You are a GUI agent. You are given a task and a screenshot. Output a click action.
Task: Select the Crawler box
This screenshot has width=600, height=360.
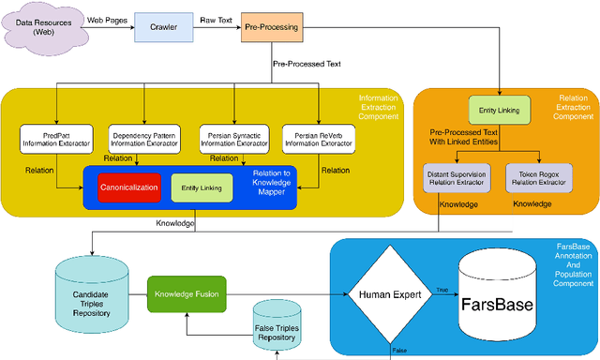click(x=164, y=28)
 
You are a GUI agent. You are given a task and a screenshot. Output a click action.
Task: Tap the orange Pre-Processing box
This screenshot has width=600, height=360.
click(x=271, y=28)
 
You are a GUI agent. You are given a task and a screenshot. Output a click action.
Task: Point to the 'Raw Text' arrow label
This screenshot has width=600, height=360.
click(x=217, y=18)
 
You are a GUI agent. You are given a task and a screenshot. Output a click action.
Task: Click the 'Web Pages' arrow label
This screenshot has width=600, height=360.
click(x=108, y=18)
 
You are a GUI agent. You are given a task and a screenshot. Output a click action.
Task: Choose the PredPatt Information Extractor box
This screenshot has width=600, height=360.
click(x=55, y=139)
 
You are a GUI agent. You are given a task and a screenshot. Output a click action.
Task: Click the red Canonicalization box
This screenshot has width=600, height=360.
click(x=130, y=187)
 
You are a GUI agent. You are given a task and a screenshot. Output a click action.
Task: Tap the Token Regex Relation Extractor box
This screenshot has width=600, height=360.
click(x=538, y=178)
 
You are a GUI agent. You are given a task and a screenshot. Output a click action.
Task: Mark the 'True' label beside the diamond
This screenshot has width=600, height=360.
click(x=441, y=289)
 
